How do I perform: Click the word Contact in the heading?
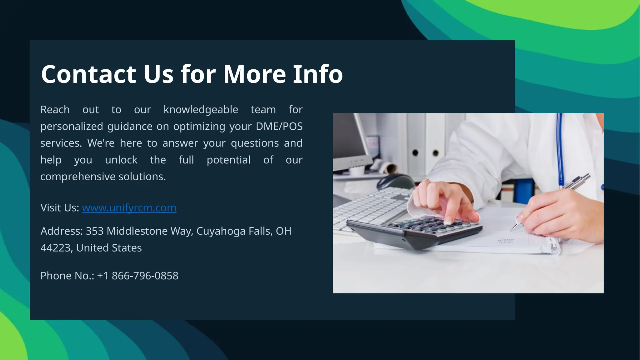point(89,74)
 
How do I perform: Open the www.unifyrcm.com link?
point(129,208)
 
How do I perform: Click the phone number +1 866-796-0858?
point(137,276)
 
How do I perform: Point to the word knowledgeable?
point(201,110)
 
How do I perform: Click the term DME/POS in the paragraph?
point(279,127)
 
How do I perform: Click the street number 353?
point(94,231)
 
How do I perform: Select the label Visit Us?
point(60,208)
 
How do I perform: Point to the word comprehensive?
point(78,177)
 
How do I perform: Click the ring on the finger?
point(427,180)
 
